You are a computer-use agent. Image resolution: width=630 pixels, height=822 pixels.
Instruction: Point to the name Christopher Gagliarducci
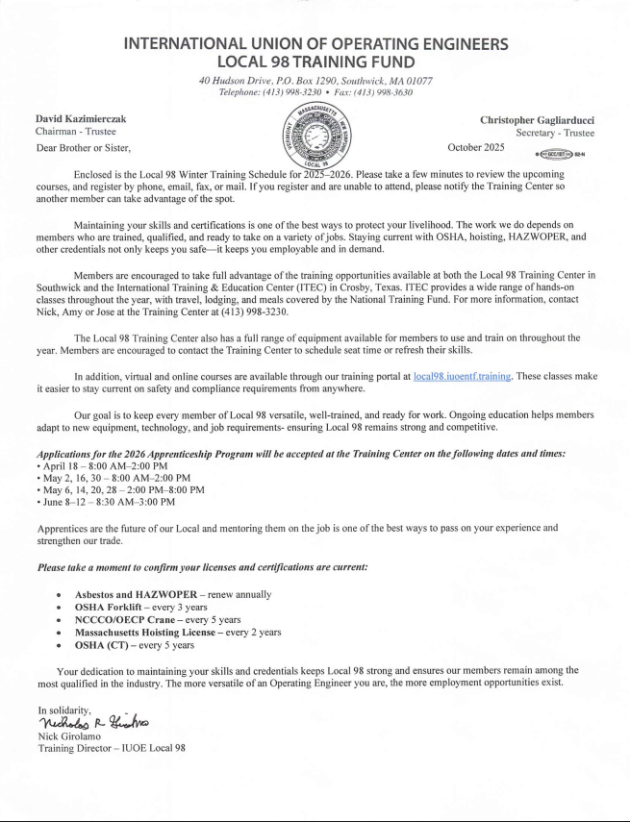537,119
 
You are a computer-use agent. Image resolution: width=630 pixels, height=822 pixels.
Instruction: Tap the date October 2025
476,147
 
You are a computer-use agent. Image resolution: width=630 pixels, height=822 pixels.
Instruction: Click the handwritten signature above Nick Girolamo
92,721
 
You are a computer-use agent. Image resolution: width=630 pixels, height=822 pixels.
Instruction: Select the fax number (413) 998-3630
384,92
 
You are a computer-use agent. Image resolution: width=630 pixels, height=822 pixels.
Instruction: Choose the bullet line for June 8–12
106,501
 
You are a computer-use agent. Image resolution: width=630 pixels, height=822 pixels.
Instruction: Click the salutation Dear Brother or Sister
82,147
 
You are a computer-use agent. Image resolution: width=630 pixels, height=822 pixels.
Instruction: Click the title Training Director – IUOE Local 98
111,747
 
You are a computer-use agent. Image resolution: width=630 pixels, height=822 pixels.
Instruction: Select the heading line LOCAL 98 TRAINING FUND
315,62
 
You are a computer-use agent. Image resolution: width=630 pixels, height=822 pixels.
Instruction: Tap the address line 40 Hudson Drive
315,81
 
